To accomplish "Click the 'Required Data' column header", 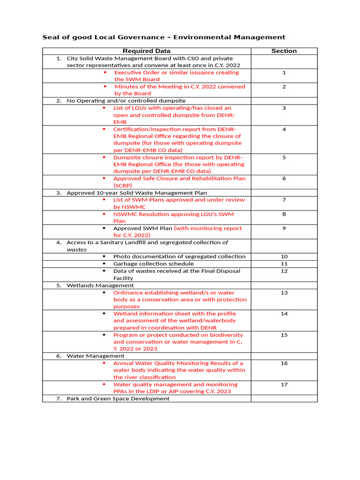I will click(x=146, y=51).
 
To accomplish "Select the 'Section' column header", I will click(x=284, y=51).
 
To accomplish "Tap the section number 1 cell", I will click(x=284, y=73).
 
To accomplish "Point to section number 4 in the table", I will click(x=284, y=129).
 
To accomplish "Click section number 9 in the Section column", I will click(x=284, y=229).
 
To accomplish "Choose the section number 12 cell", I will click(x=284, y=271).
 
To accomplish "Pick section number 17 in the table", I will click(x=284, y=384).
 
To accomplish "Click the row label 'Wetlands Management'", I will click(x=100, y=285).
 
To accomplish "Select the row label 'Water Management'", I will click(x=95, y=356).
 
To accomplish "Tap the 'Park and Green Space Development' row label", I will click(x=118, y=398).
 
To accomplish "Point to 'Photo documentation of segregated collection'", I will click(x=179, y=256).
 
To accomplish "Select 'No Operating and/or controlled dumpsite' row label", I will click(x=126, y=101).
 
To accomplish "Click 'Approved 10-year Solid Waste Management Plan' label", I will click(x=136, y=193).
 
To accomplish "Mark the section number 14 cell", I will click(x=284, y=314).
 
